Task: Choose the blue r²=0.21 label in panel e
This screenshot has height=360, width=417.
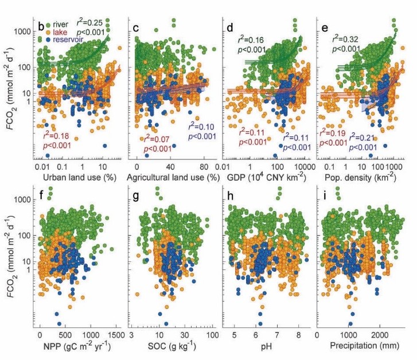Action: tap(364, 136)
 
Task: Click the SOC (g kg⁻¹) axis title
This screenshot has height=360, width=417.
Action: tap(173, 347)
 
